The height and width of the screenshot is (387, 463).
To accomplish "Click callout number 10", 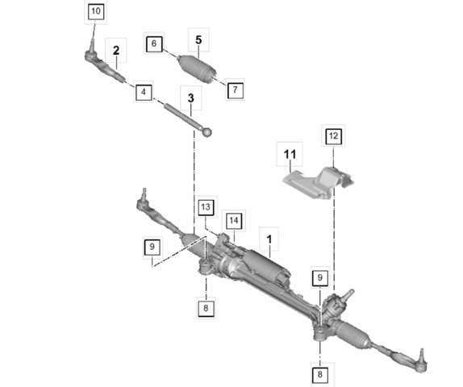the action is pyautogui.click(x=96, y=12).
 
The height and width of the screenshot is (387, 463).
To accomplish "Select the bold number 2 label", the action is pyautogui.click(x=116, y=51).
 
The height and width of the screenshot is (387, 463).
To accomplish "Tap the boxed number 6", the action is pyautogui.click(x=154, y=44).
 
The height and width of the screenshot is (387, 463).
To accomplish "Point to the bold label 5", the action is pyautogui.click(x=198, y=40).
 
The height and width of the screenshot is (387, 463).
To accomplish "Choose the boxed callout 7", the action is pyautogui.click(x=235, y=89).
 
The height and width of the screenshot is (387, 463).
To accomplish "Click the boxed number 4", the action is pyautogui.click(x=144, y=92).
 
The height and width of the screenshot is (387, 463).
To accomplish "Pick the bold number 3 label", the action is pyautogui.click(x=190, y=98).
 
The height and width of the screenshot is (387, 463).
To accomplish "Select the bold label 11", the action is pyautogui.click(x=290, y=154).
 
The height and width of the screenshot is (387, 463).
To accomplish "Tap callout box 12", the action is pyautogui.click(x=333, y=136).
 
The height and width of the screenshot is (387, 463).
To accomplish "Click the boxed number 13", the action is pyautogui.click(x=206, y=207).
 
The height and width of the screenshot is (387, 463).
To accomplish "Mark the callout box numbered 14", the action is pyautogui.click(x=234, y=221).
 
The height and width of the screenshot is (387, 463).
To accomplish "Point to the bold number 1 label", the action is pyautogui.click(x=269, y=239).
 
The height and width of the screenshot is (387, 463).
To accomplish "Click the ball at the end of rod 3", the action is pyautogui.click(x=207, y=132).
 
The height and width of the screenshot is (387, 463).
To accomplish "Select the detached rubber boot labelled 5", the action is pyautogui.click(x=196, y=68).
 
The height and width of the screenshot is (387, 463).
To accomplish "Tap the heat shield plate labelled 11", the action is pyautogui.click(x=319, y=183).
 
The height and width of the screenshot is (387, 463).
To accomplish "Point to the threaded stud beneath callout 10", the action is pyautogui.click(x=92, y=45).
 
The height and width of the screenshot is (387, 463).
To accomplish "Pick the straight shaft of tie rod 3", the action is pyautogui.click(x=183, y=115).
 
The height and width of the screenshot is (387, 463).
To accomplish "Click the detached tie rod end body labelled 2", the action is pyautogui.click(x=106, y=66).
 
